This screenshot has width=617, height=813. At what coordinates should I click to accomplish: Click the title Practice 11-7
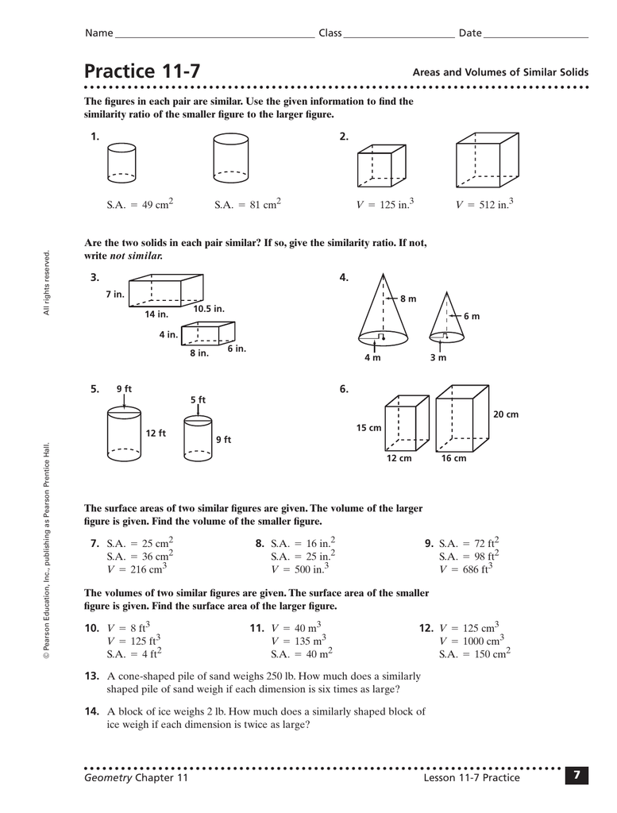click(x=142, y=71)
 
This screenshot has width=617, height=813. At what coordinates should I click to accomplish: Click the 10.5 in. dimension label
click(x=209, y=308)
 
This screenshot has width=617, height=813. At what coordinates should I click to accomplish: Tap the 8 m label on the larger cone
click(x=408, y=299)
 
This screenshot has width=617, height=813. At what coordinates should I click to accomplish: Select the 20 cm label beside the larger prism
click(x=505, y=414)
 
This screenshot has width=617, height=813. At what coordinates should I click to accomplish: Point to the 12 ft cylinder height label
click(x=156, y=433)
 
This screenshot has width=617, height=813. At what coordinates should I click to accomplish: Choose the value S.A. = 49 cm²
click(x=140, y=205)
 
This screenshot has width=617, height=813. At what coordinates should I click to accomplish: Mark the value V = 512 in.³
click(x=484, y=205)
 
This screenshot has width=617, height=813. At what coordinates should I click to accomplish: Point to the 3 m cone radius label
click(x=438, y=358)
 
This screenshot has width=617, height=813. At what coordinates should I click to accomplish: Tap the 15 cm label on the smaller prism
click(x=368, y=428)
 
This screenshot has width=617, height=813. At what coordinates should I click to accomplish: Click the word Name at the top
click(x=98, y=33)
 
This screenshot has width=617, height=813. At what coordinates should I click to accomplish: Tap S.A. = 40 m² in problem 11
click(x=301, y=654)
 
